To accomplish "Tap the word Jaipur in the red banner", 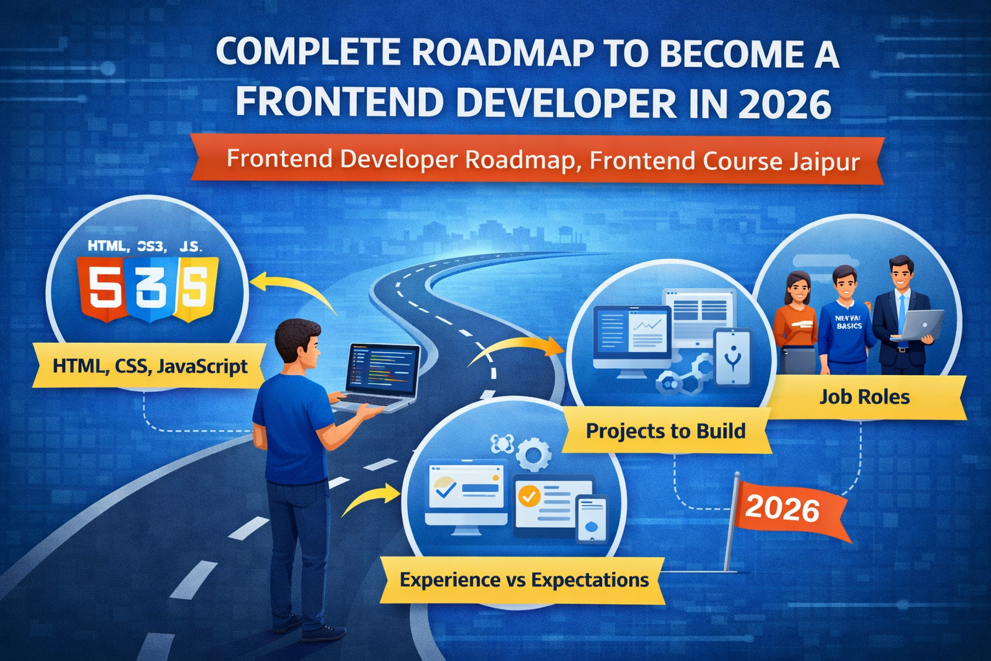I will (x=824, y=161).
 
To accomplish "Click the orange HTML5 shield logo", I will (x=101, y=289).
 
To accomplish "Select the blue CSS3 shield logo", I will (x=149, y=289).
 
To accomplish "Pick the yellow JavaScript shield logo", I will (x=194, y=289).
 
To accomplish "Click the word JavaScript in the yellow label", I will (x=203, y=367).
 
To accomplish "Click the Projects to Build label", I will (x=665, y=431).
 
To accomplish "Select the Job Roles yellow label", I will (x=865, y=396).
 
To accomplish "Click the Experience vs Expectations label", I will (x=524, y=580).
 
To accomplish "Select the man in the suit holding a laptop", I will (x=901, y=316).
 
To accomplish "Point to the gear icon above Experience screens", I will (x=534, y=455).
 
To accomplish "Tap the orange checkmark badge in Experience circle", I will (x=530, y=496).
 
